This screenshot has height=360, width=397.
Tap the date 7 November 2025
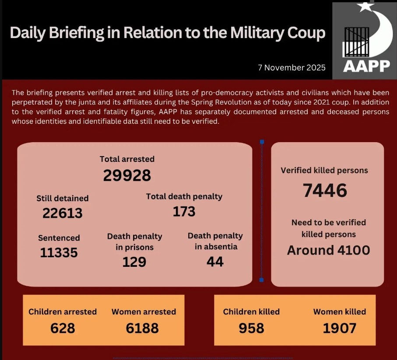coord(291,68)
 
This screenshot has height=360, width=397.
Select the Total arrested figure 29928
coord(127,175)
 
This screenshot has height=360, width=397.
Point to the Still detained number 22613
coord(62,213)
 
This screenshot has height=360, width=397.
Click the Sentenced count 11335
coord(59,252)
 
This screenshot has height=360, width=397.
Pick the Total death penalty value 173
coord(184,212)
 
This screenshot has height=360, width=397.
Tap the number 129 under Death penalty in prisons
coord(134,262)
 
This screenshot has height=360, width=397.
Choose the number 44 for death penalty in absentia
coord(215,262)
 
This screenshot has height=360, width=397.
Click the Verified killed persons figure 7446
coord(325,190)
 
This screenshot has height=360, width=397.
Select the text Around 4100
coord(328,250)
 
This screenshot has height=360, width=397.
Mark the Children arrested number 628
coord(63,328)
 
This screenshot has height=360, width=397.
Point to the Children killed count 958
coord(251,328)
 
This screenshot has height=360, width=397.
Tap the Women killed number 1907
coord(339,328)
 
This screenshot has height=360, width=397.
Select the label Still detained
coord(62,198)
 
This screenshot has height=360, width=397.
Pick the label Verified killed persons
coord(324,170)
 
